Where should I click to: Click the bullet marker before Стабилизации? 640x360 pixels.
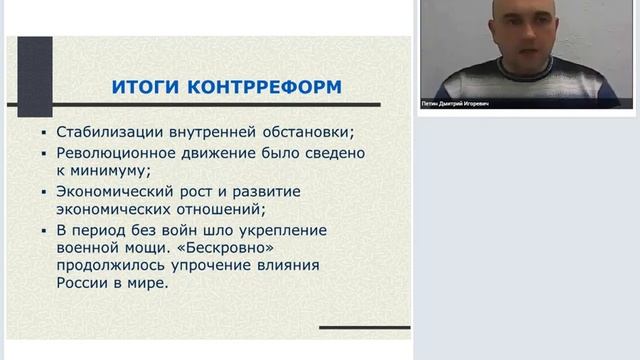(45, 134)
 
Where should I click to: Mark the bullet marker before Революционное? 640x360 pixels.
(45, 154)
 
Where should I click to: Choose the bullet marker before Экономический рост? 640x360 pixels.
(45, 192)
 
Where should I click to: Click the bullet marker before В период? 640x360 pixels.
(45, 230)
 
